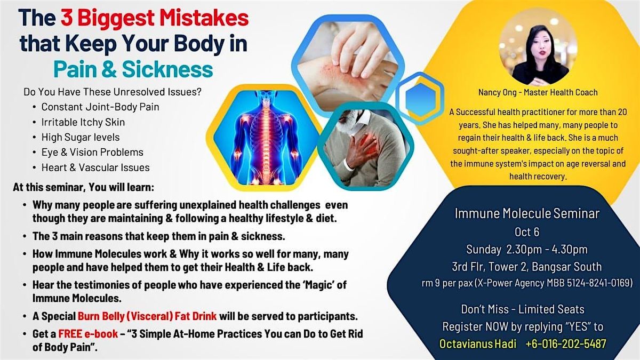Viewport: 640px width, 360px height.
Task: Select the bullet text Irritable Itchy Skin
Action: click(x=83, y=122)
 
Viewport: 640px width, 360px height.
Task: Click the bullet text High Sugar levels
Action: click(x=81, y=137)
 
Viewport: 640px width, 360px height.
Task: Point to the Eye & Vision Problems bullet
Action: click(x=92, y=152)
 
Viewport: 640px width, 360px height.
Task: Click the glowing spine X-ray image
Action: click(x=265, y=137)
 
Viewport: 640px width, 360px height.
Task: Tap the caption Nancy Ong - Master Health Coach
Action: click(x=538, y=92)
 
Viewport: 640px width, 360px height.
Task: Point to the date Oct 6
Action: click(x=527, y=233)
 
